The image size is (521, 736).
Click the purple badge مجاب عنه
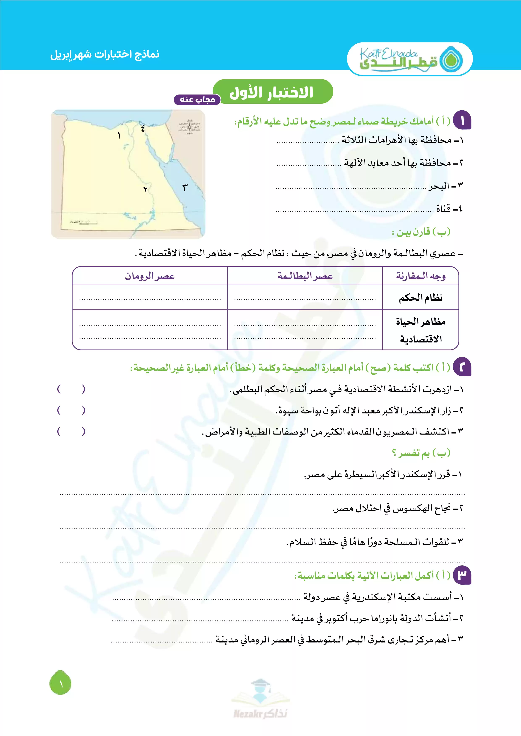197,100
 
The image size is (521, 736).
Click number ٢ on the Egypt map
145,189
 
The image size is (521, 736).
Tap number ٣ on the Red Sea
185,188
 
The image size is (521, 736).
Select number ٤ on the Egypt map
143,129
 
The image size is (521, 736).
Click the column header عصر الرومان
150,276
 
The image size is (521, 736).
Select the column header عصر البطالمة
305,276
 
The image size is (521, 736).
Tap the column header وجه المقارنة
421,276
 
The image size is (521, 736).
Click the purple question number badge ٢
462,367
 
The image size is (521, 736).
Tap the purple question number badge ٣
462,575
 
